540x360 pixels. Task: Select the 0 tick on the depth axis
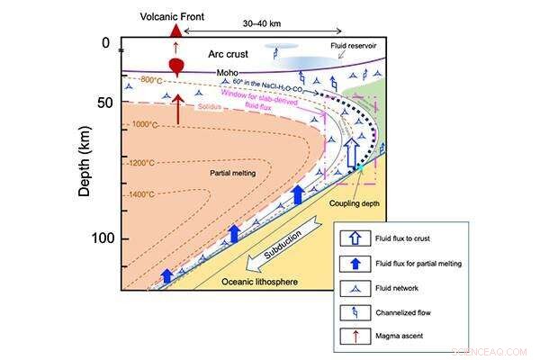(104, 43)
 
